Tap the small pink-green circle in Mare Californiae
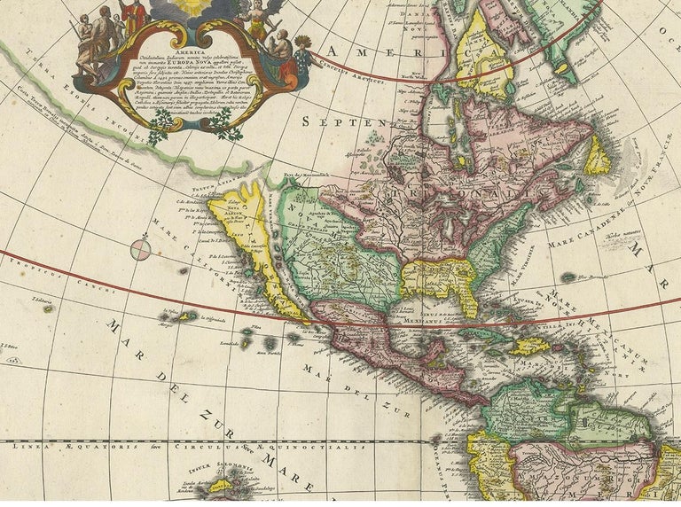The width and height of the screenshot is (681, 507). click(141, 249)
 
